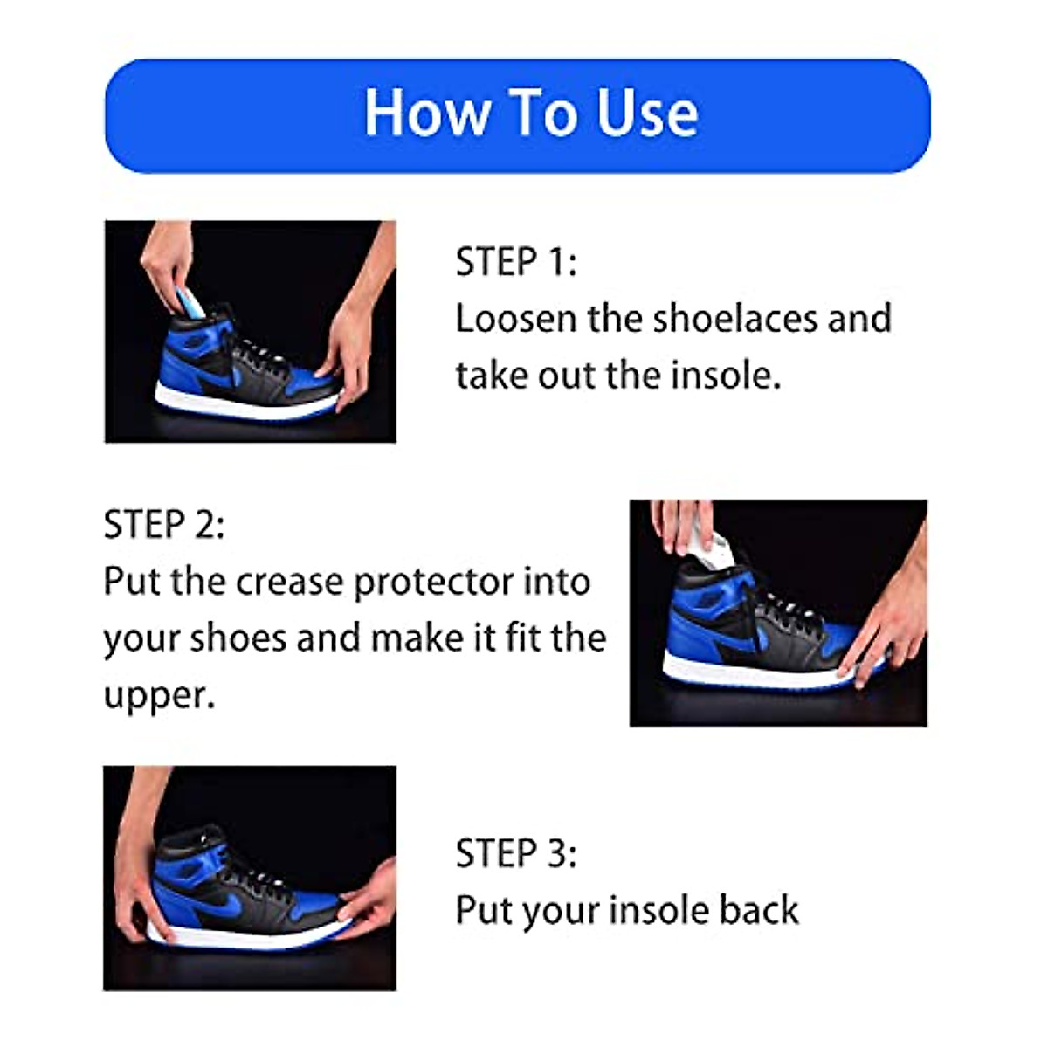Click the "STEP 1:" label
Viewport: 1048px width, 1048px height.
point(516,262)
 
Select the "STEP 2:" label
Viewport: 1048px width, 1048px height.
point(164,525)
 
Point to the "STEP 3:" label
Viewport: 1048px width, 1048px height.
point(516,853)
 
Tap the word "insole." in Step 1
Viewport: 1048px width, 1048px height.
point(725,375)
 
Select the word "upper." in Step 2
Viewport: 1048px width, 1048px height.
point(159,695)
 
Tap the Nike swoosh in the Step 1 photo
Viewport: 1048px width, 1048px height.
point(217,374)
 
